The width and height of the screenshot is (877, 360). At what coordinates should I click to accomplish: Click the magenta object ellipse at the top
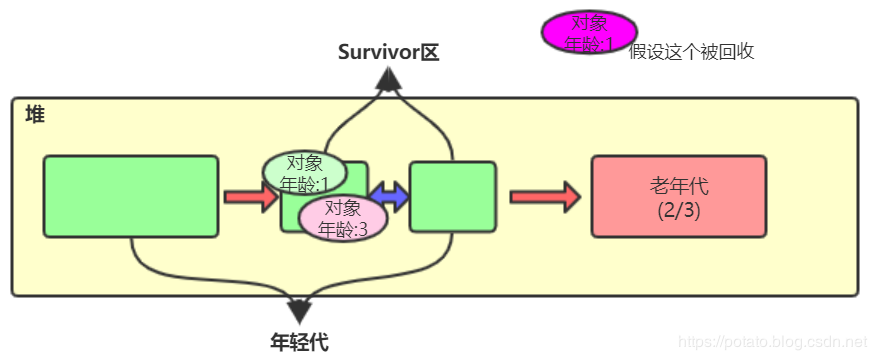(589, 32)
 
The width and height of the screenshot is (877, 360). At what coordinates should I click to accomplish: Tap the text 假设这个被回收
(691, 52)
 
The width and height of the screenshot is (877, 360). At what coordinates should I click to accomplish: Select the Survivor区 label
(389, 53)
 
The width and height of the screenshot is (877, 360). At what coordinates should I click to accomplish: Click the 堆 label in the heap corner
(35, 115)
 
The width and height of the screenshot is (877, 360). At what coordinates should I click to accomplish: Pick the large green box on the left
(130, 196)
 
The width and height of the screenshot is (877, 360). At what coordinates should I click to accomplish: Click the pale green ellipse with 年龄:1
(304, 173)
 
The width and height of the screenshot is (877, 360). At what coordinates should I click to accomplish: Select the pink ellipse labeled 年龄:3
(343, 218)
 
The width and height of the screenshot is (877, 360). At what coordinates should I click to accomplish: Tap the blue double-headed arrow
(390, 196)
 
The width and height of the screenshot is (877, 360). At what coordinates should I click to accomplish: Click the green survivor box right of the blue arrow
(453, 197)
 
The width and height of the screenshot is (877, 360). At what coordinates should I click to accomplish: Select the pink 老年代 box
(678, 196)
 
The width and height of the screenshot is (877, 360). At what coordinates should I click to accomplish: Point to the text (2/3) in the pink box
(678, 210)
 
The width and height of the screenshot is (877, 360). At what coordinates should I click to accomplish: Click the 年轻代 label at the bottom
(299, 342)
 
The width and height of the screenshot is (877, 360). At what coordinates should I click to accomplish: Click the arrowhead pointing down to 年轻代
(299, 311)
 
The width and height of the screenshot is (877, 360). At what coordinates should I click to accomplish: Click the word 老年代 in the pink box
(678, 186)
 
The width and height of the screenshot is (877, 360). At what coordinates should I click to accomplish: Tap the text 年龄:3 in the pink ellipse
(343, 229)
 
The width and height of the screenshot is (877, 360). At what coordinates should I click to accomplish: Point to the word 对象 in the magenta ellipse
(589, 22)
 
